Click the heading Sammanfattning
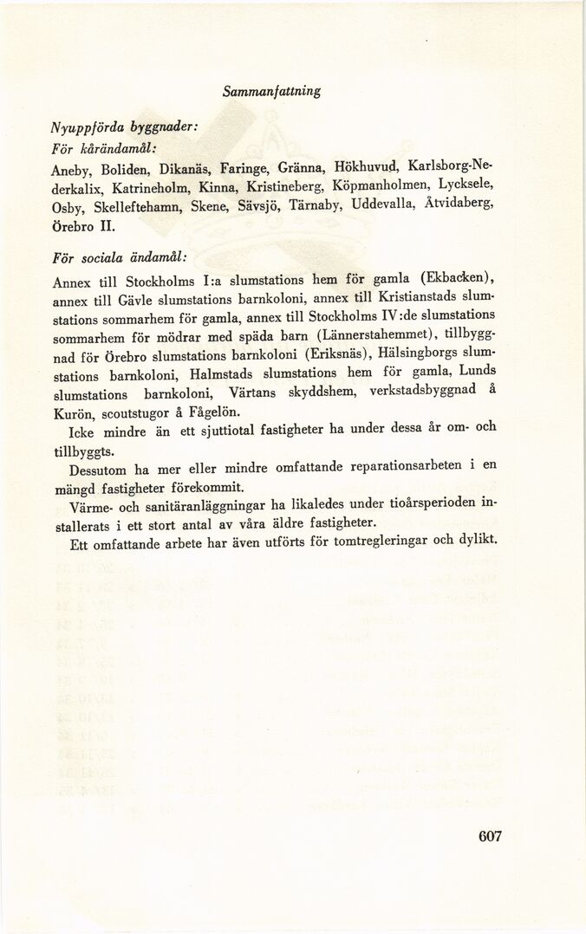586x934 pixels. [x=271, y=90]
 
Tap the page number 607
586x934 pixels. [x=490, y=836]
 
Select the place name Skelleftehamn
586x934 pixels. [x=134, y=209]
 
